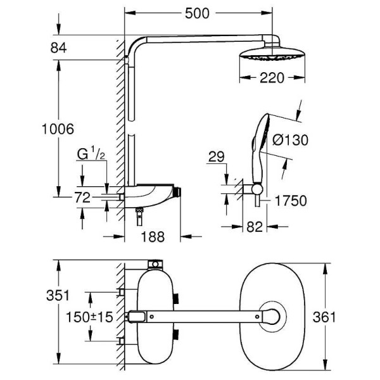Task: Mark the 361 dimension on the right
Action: (343, 316)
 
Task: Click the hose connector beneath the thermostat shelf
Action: (137, 217)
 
